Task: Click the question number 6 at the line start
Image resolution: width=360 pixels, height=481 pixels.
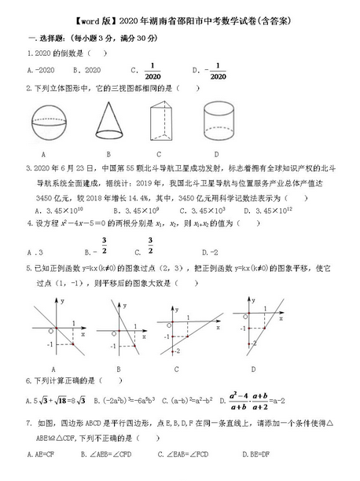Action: pos(28,380)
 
